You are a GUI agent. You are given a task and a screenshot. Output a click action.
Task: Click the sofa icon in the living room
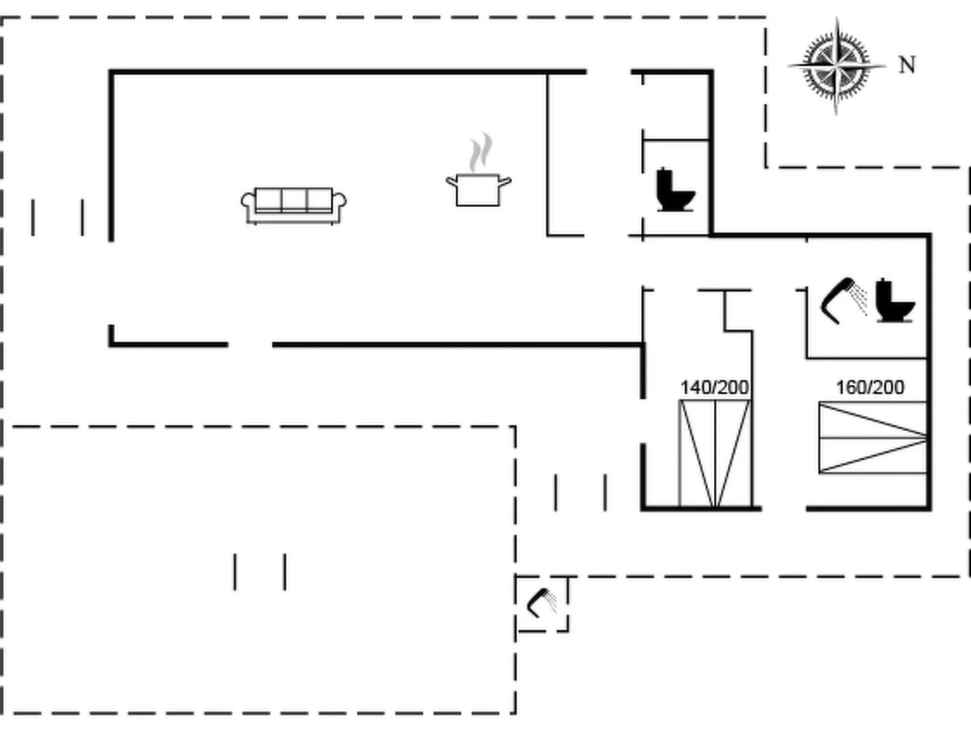293,205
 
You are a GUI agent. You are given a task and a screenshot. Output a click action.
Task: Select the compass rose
836,65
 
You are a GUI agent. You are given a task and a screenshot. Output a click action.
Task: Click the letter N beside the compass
906,65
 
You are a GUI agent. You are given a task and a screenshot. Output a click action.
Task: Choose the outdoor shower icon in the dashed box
542,603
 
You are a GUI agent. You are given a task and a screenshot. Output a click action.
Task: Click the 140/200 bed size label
714,387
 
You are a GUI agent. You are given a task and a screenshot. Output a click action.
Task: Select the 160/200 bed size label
869,387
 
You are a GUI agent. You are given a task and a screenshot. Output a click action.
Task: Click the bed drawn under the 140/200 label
715,453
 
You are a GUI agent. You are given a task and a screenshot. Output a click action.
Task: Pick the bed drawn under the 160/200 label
872,437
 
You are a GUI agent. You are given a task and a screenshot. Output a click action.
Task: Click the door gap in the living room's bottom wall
250,345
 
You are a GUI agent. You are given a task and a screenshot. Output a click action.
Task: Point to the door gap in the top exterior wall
609,72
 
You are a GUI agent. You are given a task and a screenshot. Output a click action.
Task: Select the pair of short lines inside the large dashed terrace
260,571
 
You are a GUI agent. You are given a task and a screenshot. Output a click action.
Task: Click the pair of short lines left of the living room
57,217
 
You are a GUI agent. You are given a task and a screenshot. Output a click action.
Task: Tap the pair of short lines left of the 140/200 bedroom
580,492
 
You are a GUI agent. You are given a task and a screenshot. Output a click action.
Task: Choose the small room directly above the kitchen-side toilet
675,106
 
